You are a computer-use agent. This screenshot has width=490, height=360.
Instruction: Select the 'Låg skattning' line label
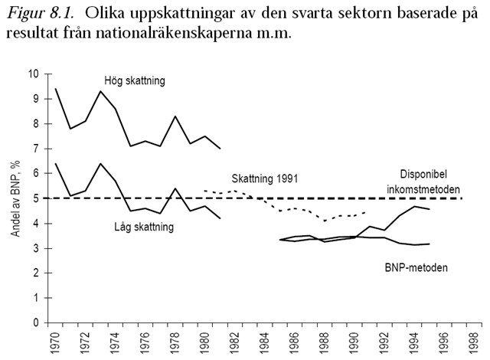150,227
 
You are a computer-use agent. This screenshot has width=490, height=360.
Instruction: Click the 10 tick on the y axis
32,74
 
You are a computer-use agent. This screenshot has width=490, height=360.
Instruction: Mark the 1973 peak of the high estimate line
101,91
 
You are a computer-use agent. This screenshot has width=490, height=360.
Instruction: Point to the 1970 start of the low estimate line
56,164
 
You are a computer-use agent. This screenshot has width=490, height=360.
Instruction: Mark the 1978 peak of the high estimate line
176,116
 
